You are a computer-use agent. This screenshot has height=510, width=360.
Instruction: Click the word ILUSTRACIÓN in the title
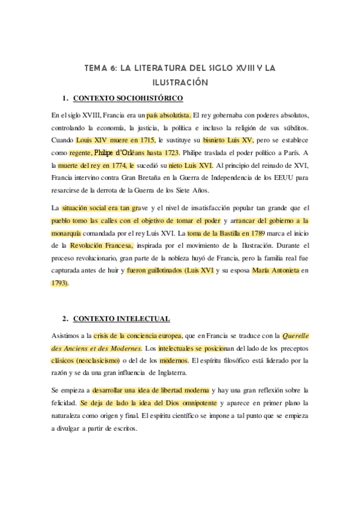pos(180,82)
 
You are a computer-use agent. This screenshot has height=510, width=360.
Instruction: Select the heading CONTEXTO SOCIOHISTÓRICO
pos(127,98)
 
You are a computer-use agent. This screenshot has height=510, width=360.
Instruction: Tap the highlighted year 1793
pos(59,283)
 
